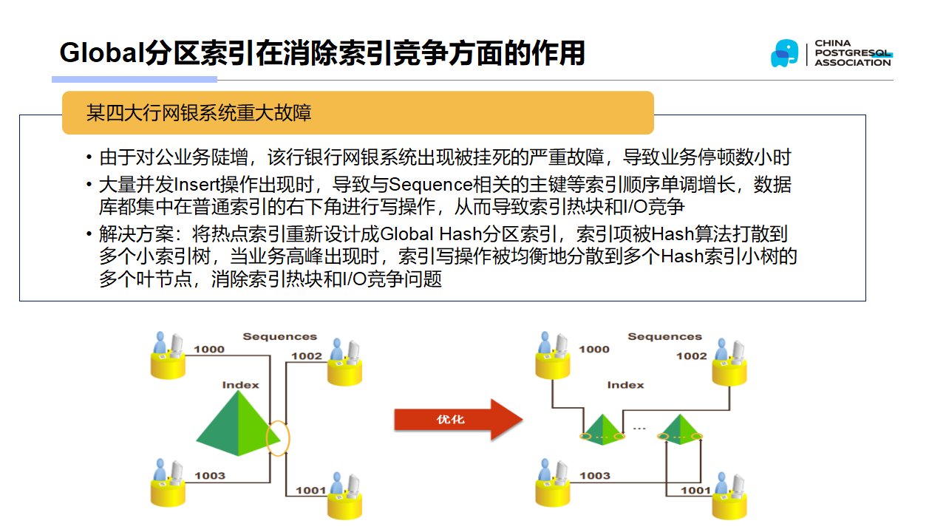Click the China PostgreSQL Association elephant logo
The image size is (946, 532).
tap(784, 53)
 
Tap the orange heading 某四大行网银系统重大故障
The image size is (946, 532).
tap(199, 112)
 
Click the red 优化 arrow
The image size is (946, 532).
tap(457, 420)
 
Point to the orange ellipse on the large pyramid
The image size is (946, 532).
tap(279, 437)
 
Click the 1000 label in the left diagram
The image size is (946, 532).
tap(209, 349)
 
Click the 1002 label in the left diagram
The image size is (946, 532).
tap(306, 356)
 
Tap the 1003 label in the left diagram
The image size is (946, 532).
tap(210, 475)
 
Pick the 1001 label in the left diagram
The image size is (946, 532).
tap(311, 490)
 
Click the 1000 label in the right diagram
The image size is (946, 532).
tap(594, 349)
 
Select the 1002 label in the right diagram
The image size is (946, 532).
tap(691, 356)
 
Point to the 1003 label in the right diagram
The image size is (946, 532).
tap(595, 475)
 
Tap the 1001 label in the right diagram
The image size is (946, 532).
tap(695, 490)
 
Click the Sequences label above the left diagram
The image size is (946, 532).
tap(279, 336)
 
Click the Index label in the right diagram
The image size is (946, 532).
tap(625, 385)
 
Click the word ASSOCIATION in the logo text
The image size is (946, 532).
tap(853, 63)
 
